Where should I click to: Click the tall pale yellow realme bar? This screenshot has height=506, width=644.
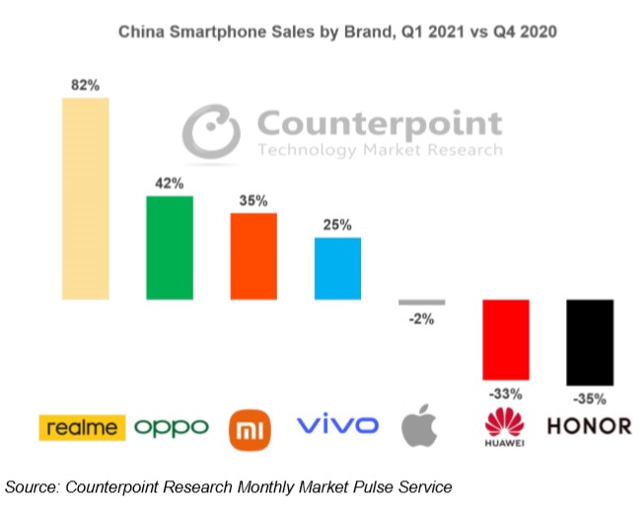pos(85,198)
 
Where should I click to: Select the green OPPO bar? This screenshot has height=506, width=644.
pos(170,247)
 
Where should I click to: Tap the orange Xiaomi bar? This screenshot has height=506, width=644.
pos(253,255)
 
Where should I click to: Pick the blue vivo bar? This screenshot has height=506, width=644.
pos(337,267)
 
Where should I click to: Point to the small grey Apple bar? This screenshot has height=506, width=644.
pos(422,302)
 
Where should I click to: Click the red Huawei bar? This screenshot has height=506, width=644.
pos(506,339)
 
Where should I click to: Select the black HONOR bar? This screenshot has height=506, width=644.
pos(590,342)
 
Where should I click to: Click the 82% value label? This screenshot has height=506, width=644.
pos(85,86)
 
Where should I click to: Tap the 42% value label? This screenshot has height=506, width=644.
pos(170,183)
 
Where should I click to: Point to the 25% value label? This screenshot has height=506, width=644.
pos(337,225)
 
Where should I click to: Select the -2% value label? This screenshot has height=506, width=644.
pos(422,319)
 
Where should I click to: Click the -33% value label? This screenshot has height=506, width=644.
pos(506,393)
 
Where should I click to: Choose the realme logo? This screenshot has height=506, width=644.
pos(83,427)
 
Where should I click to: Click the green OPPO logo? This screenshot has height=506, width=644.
pos(172,427)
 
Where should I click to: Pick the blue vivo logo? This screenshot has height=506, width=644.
pos(337,426)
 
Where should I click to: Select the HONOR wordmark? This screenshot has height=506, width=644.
pos(589,427)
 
